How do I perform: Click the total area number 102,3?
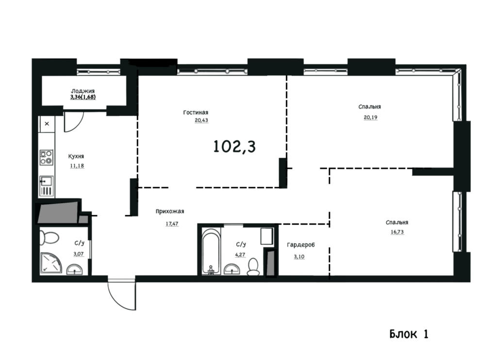(x=234, y=147)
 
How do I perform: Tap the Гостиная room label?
(x=196, y=113)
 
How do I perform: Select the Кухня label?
(x=76, y=156)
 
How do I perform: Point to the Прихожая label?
(x=169, y=212)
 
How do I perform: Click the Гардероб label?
(x=301, y=245)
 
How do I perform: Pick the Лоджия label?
(x=83, y=91)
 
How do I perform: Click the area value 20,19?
(x=370, y=117)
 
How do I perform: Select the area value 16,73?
(x=397, y=231)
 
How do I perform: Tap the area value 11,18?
(x=77, y=165)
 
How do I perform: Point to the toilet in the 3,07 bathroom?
(x=49, y=237)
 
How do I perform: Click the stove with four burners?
(x=46, y=158)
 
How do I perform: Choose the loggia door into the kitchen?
(x=74, y=122)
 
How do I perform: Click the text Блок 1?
(x=409, y=334)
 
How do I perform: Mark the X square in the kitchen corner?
(x=47, y=124)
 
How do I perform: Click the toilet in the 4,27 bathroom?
(x=253, y=267)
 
